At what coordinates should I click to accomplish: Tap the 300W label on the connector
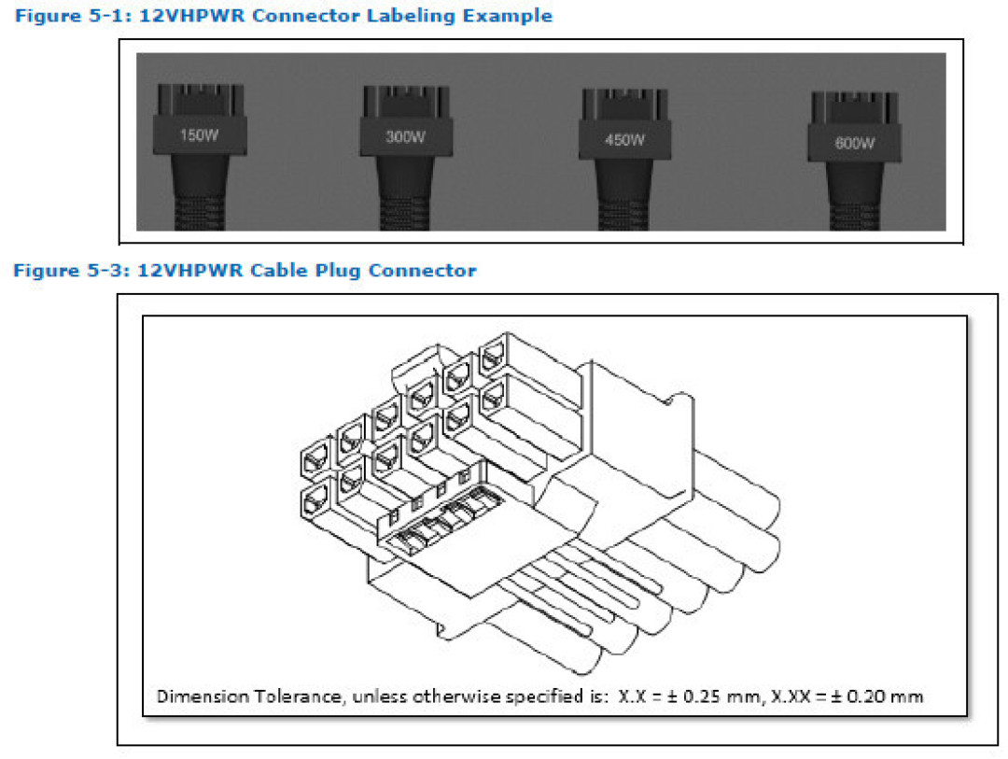(405, 136)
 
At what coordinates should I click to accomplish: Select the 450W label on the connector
(624, 141)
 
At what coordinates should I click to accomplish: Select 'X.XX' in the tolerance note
(786, 696)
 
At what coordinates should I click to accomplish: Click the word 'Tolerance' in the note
(277, 696)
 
